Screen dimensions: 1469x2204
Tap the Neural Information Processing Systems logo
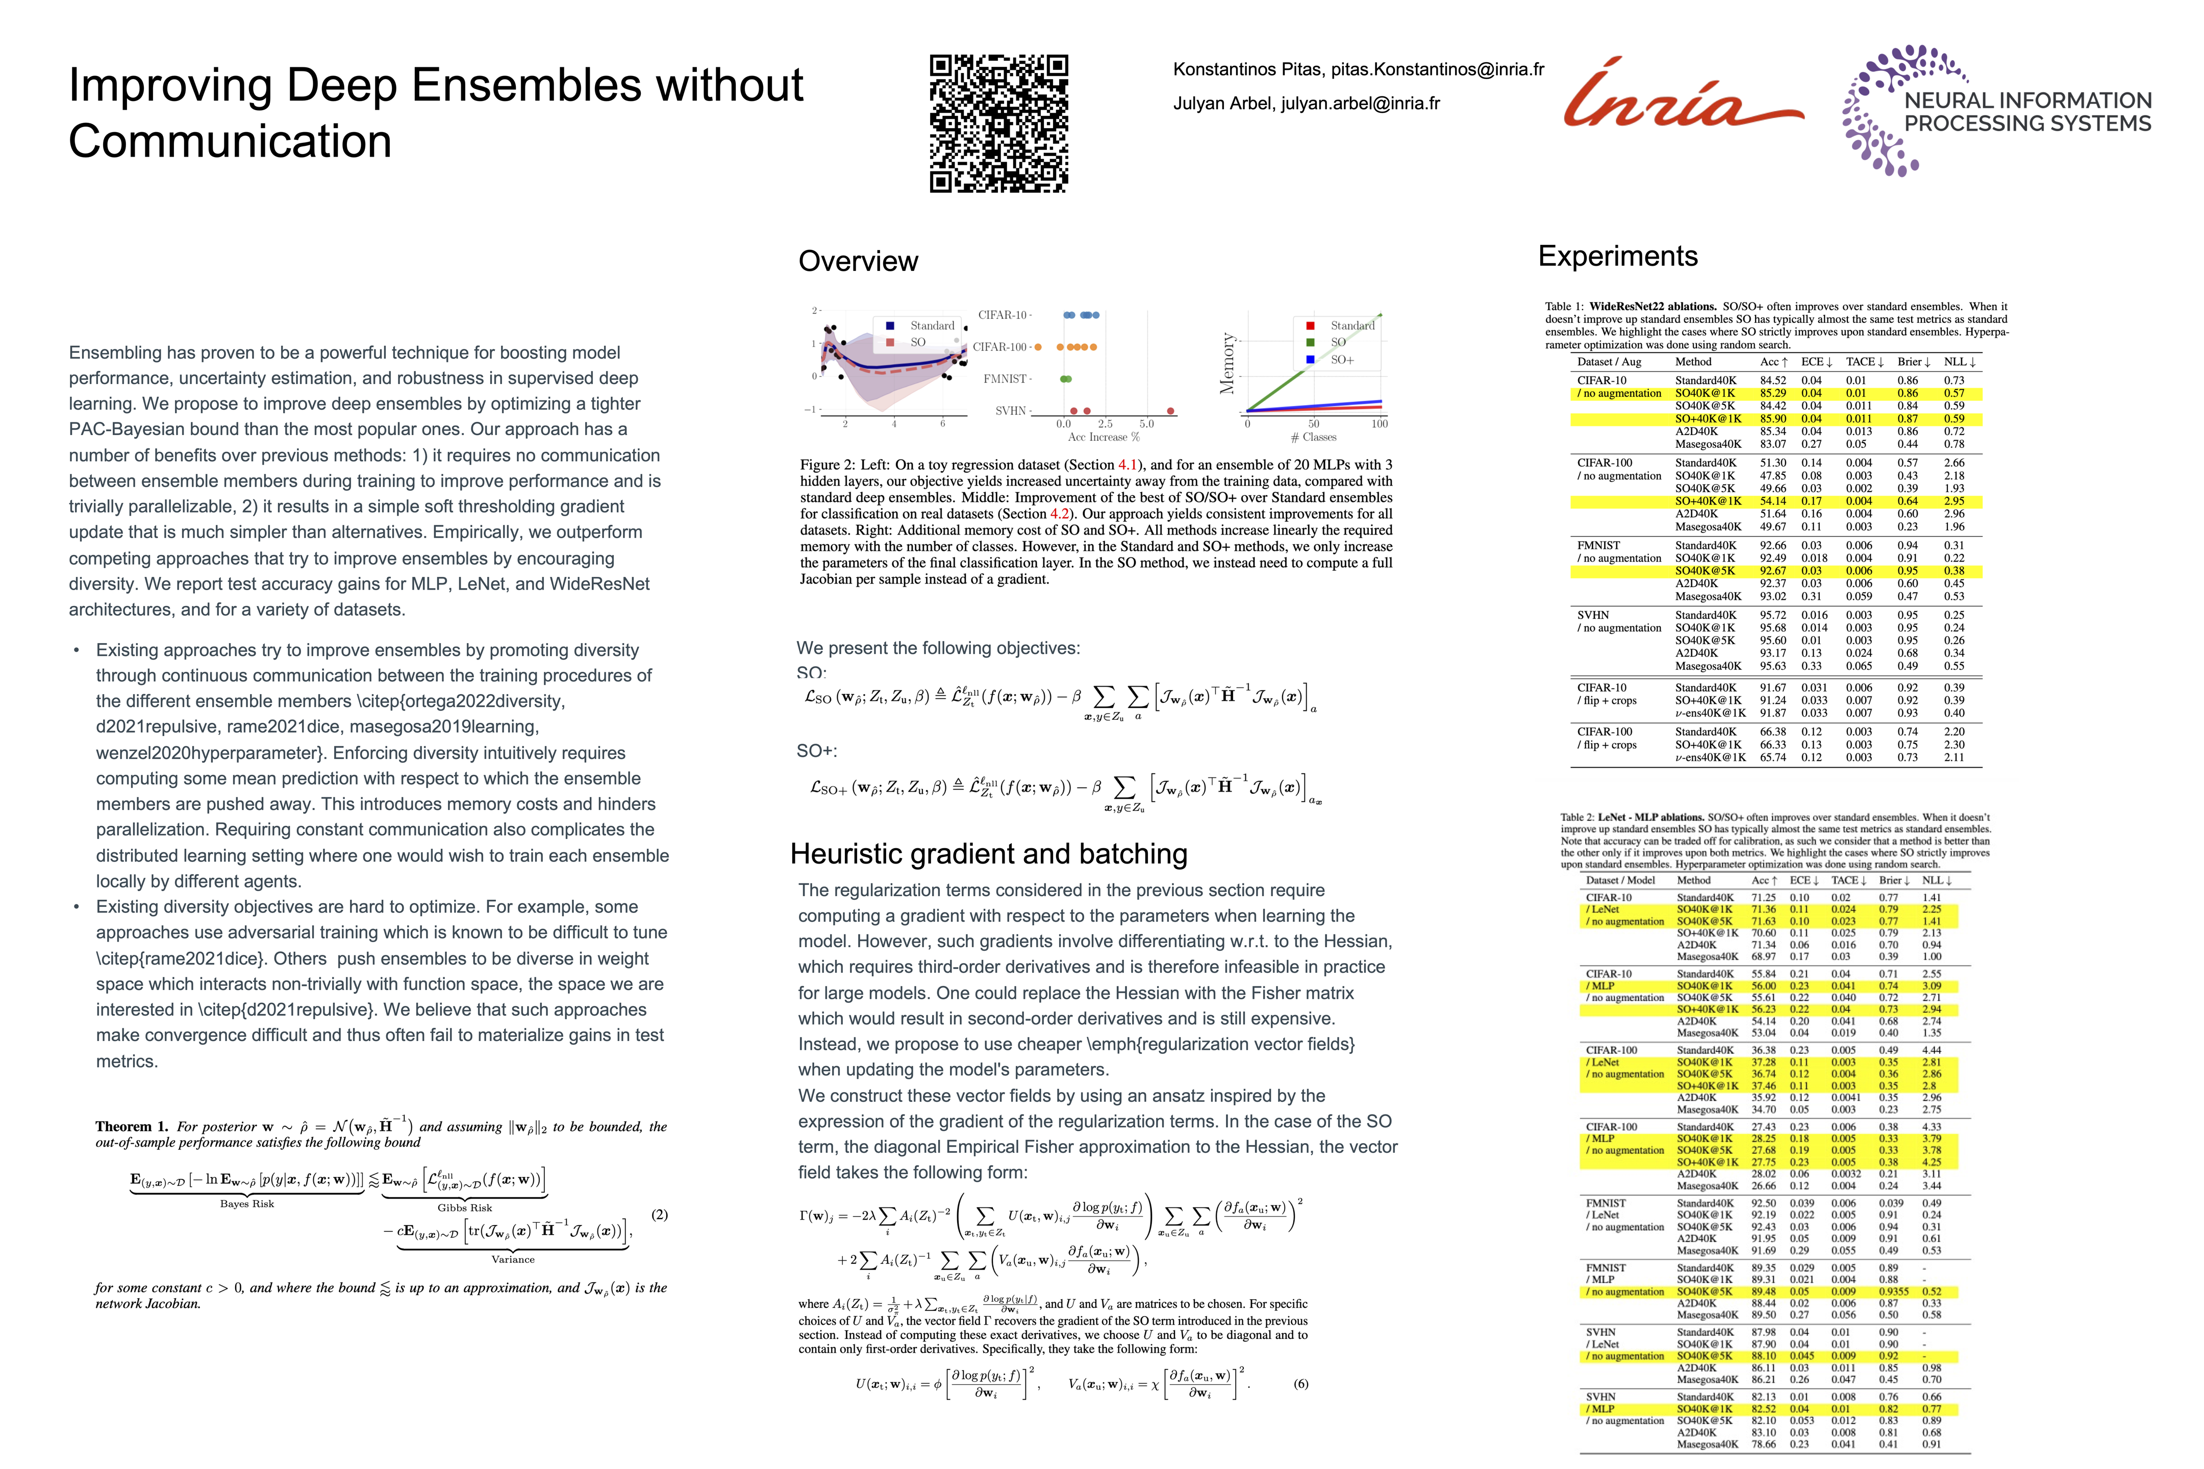pos(1996,111)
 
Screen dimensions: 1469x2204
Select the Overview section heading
pos(858,261)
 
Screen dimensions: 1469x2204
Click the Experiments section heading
pos(1617,256)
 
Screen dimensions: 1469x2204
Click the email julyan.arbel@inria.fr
pos(1361,103)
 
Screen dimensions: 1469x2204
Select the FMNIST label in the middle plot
pos(1007,378)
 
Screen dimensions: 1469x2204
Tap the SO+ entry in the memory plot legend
pos(1342,360)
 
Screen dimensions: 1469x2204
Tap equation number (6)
pos(1300,1384)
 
